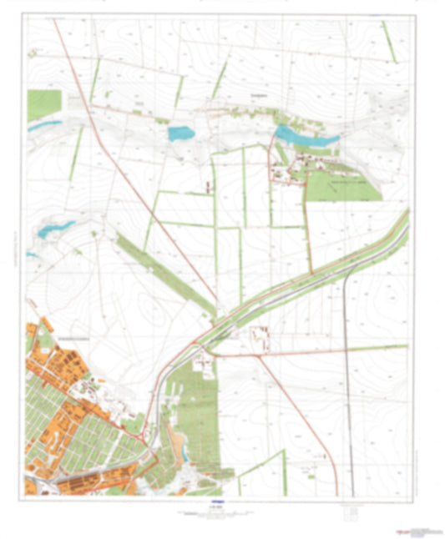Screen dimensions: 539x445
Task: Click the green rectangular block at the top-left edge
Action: click(x=44, y=105)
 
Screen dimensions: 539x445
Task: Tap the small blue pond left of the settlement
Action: click(x=181, y=133)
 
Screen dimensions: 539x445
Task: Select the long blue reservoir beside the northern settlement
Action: click(x=306, y=135)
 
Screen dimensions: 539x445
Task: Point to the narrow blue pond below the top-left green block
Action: click(x=43, y=127)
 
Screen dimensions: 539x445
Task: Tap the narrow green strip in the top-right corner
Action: click(x=389, y=42)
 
